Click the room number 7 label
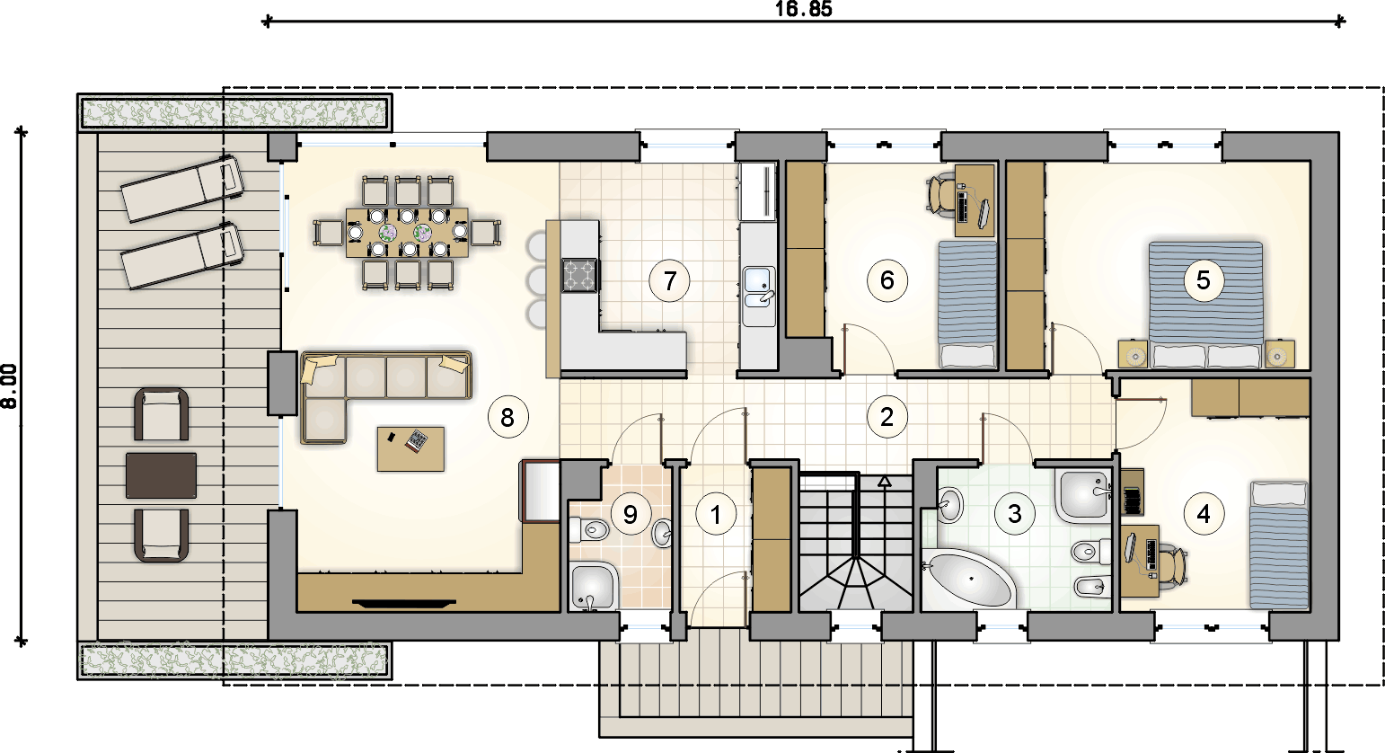pos(670,281)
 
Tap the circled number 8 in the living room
pos(507,417)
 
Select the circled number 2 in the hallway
pos(887,417)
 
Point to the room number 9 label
pos(630,514)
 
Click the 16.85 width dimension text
pos(803,9)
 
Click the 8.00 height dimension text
pos(9,385)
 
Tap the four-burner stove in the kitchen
pos(579,275)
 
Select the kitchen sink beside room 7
pos(759,296)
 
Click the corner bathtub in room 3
pos(968,579)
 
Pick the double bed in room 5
pos(1205,305)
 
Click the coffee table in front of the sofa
pos(410,449)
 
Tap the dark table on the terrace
pos(162,475)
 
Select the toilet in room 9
pos(590,529)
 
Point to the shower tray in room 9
pos(594,586)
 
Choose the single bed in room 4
pos(1279,545)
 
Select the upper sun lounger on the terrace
pos(182,189)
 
